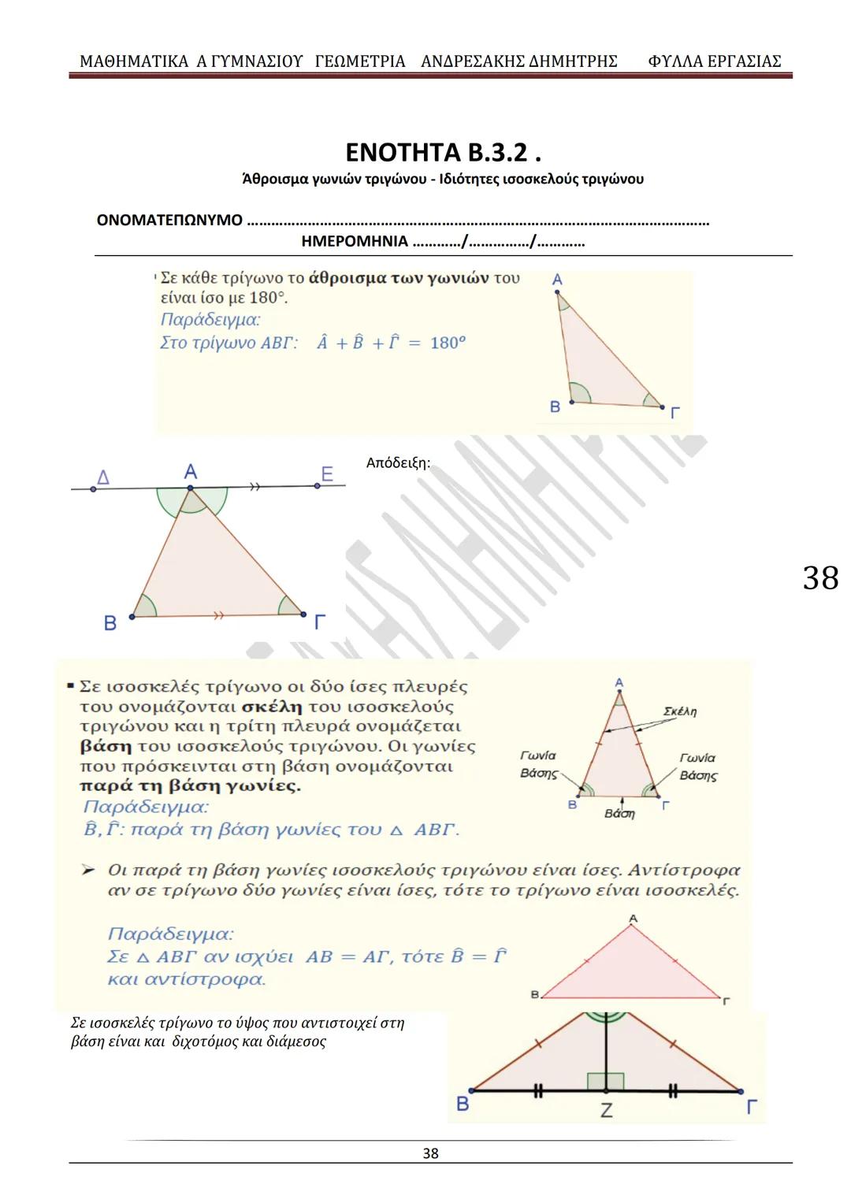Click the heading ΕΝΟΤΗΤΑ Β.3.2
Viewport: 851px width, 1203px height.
click(x=443, y=151)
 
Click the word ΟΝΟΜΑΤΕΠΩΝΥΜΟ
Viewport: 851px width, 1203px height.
click(x=169, y=221)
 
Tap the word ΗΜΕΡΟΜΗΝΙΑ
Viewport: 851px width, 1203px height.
click(x=355, y=242)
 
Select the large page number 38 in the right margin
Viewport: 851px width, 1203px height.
click(x=820, y=578)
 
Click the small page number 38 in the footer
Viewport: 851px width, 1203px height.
click(x=430, y=1153)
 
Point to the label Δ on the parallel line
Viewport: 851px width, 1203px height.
click(x=103, y=477)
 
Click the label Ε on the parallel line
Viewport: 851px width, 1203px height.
click(x=327, y=473)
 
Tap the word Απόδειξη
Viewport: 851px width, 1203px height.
click(x=398, y=463)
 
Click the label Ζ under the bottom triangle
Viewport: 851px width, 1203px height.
click(x=606, y=1111)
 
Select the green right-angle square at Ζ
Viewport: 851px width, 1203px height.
click(x=605, y=1082)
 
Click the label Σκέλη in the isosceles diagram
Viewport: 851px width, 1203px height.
click(x=680, y=711)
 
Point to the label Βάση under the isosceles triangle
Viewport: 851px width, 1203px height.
click(x=619, y=814)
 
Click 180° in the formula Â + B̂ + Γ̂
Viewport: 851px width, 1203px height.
click(x=448, y=343)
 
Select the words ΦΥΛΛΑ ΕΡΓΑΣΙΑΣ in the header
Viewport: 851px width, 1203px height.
click(x=714, y=61)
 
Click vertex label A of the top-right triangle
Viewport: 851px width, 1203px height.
click(x=557, y=280)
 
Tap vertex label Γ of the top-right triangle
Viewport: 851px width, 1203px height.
click(x=675, y=413)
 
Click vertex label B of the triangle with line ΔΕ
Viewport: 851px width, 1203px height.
click(x=110, y=623)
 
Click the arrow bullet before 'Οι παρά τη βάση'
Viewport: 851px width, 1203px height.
click(x=89, y=870)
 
